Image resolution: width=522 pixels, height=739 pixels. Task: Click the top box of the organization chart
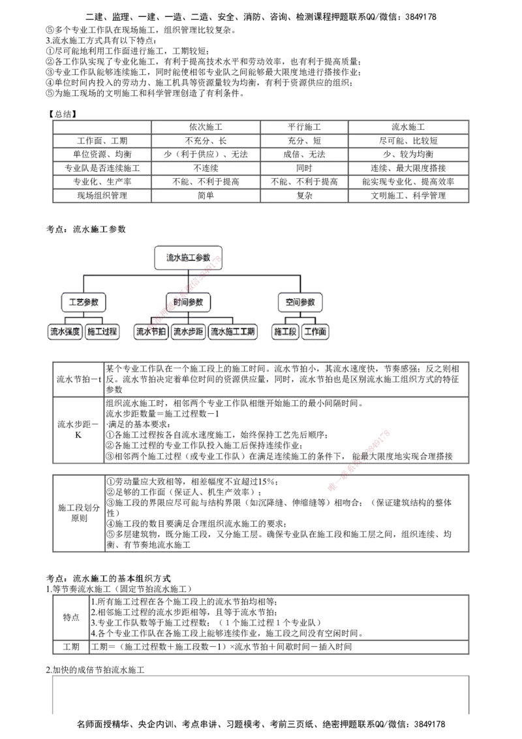coord(187,257)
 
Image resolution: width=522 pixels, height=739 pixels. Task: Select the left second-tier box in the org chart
coord(83,303)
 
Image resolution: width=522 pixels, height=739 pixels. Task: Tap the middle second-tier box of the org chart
coord(189,303)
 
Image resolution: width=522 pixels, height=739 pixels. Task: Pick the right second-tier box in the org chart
coord(301,303)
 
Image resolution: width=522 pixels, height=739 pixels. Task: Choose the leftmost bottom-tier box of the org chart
coord(66,332)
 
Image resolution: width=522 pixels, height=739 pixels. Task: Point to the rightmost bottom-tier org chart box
coord(315,332)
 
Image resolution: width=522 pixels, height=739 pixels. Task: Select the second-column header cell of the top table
coord(206,125)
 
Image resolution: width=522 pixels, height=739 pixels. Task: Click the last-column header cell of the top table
coord(408,125)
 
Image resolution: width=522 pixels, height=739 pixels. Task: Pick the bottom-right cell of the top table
coord(408,196)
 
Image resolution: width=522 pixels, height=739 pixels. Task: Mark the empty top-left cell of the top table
coord(100,125)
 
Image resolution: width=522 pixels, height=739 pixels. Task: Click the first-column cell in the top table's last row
coord(100,196)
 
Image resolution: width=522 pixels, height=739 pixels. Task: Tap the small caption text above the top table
coord(63,116)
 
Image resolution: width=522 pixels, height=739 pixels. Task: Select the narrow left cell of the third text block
coord(79,512)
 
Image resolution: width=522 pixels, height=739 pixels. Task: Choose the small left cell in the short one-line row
coord(70,647)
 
